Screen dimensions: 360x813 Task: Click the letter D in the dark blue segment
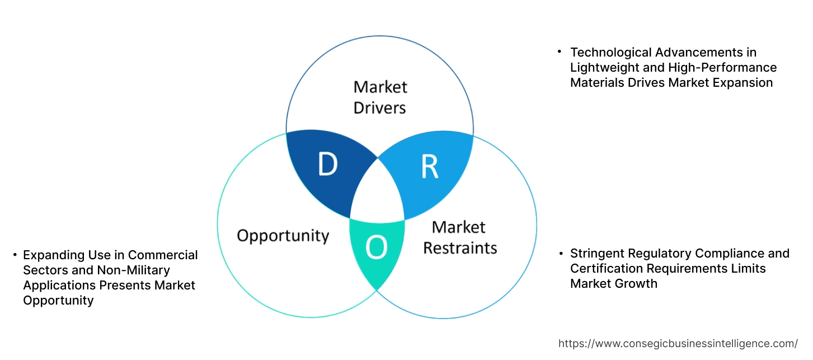(x=327, y=164)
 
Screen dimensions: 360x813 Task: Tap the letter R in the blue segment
(x=429, y=166)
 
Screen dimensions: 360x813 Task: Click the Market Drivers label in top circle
(x=380, y=97)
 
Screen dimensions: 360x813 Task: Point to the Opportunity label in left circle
(x=283, y=235)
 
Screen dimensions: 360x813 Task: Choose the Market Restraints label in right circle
(x=459, y=237)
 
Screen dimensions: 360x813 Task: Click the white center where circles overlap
(x=377, y=193)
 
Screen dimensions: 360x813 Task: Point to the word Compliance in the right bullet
(x=726, y=253)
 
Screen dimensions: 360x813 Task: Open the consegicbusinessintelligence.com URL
(x=678, y=343)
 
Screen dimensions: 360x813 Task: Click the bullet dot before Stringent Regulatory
(x=560, y=253)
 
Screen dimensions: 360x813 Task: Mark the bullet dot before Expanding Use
(x=15, y=255)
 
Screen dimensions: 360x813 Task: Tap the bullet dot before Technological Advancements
(x=560, y=52)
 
